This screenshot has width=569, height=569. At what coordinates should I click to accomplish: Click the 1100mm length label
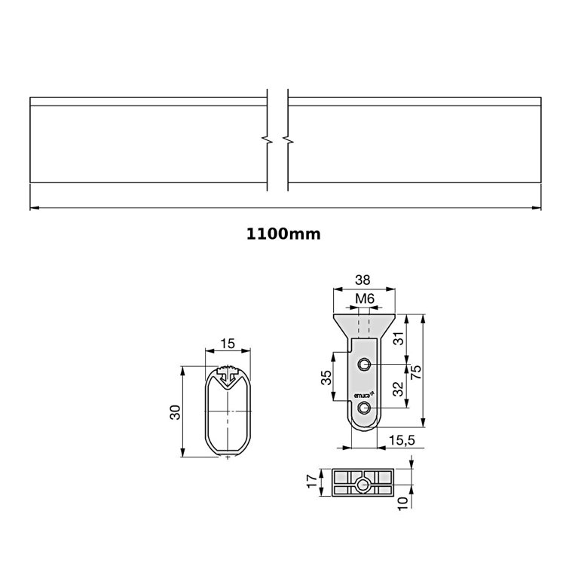coord(283,234)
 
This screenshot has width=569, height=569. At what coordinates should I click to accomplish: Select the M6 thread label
coord(365,298)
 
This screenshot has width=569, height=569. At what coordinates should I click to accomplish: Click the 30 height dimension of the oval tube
coord(174,411)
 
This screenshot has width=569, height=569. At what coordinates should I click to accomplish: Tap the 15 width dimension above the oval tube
coord(228,343)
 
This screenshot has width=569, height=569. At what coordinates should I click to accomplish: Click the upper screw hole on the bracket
coord(365,366)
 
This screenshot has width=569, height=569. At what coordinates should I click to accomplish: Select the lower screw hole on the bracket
coord(365,408)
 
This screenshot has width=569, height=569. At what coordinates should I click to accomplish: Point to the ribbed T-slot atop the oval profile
coord(228,372)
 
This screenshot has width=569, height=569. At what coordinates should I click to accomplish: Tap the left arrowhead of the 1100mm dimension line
coord(33,207)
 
